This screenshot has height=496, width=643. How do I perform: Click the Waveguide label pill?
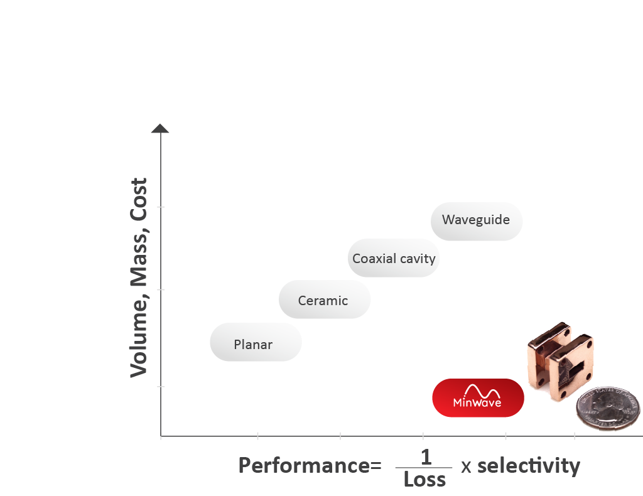[x=476, y=221]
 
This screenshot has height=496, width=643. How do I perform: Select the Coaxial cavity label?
[x=394, y=258]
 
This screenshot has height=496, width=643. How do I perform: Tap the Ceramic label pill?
[x=325, y=299]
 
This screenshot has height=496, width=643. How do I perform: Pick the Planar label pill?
[x=256, y=342]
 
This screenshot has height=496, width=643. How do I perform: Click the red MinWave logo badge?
[x=478, y=397]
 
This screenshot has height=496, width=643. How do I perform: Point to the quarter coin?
[x=608, y=408]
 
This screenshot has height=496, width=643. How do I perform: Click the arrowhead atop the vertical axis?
[x=160, y=128]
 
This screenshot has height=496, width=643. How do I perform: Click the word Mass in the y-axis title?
[x=139, y=259]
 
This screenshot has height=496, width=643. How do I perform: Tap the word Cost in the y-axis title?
[x=139, y=200]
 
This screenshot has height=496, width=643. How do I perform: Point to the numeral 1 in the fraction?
[x=426, y=457]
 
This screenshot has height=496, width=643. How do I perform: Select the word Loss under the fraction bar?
[x=424, y=479]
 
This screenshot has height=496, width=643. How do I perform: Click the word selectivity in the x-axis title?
[x=529, y=466]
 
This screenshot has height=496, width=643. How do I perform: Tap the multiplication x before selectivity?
[x=466, y=467]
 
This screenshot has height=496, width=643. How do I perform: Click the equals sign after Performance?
[x=376, y=466]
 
